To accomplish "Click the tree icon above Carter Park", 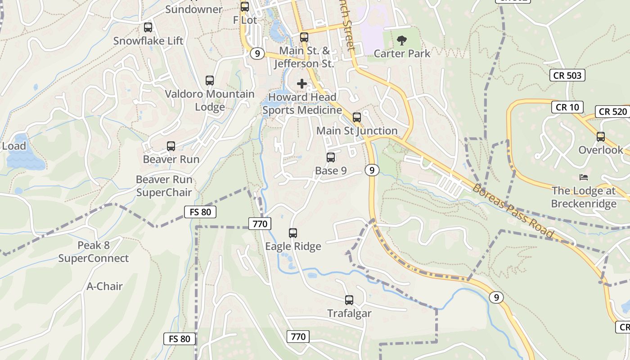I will [401, 41].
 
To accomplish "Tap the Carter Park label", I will [402, 54].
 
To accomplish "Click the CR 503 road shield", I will [567, 75].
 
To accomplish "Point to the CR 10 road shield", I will [567, 107].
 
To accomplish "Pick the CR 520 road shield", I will [613, 112].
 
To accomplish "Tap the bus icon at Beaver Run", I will [171, 146].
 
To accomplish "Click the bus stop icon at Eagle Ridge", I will [293, 233].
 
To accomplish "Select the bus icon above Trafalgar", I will [349, 300].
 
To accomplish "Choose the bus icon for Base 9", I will [331, 157].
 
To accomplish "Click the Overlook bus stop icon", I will [601, 137].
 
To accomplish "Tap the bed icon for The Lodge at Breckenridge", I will [584, 177].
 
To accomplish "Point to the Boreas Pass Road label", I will [513, 211].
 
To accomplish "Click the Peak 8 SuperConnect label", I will [93, 252].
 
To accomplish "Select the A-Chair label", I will [105, 286].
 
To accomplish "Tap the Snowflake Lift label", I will [148, 41].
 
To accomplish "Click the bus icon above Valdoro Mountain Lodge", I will [210, 81].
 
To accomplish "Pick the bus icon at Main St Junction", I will [357, 117].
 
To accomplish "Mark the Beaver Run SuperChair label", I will [164, 186].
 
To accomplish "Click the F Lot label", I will [245, 20].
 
